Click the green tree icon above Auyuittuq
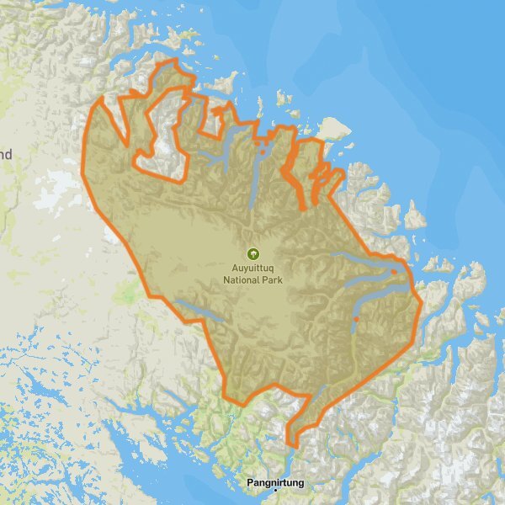pyautogui.click(x=252, y=252)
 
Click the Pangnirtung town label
pyautogui.click(x=276, y=483)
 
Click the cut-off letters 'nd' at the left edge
pyautogui.click(x=7, y=155)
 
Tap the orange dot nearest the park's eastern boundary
pyautogui.click(x=394, y=272)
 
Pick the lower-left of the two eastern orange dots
pyautogui.click(x=356, y=319)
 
